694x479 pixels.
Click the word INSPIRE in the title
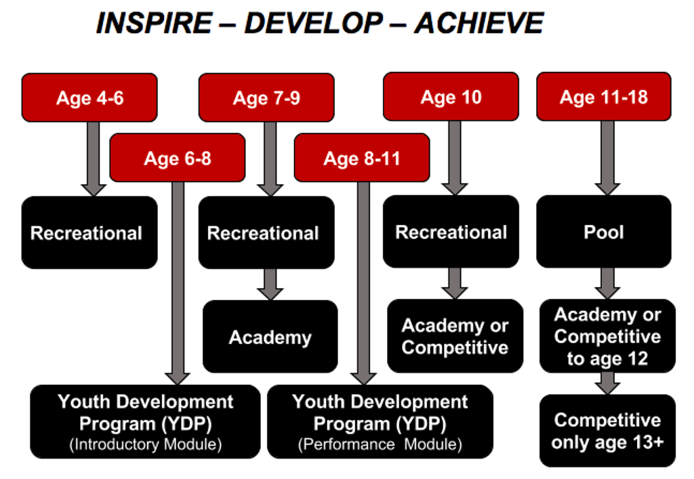154,23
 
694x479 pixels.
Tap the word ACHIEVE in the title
479,23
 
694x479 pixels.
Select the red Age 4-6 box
89,98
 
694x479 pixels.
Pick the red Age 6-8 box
178,158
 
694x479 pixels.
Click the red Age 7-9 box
266,98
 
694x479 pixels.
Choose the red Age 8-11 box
362,158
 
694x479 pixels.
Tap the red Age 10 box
451,96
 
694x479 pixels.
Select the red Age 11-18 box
604,96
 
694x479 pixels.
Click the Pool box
604,231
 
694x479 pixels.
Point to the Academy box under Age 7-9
270,337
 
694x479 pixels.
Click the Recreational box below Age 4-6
89,232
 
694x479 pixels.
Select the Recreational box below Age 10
451,231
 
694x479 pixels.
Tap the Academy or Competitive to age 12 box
608,335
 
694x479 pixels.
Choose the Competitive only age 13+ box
608,431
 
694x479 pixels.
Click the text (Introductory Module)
146,444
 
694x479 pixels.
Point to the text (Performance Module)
380,444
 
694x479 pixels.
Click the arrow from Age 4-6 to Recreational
94,159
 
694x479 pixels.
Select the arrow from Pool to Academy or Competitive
608,283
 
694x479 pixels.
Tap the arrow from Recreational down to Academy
270,285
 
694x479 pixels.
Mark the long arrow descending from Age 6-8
178,283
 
